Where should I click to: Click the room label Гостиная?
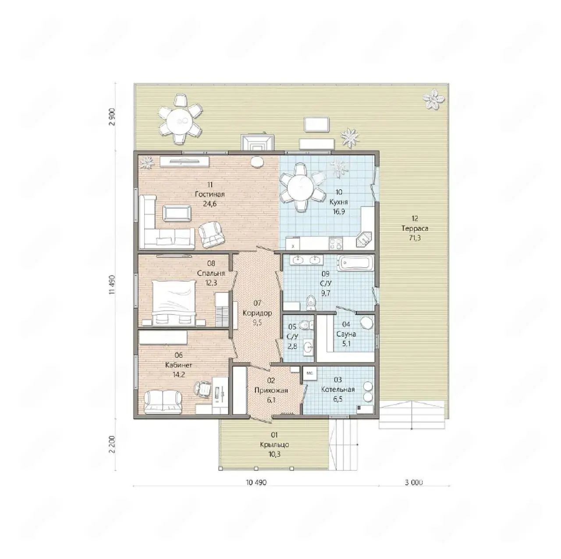[209, 195]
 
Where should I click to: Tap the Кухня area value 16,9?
[339, 212]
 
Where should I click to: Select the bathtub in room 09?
[355, 263]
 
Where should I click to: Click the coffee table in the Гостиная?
[177, 213]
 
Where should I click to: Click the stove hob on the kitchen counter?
[336, 244]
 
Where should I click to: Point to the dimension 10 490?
[256, 482]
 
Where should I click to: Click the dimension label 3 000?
[414, 482]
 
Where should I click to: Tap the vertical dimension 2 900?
[112, 117]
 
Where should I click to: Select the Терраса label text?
[415, 228]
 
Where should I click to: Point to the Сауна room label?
[346, 334]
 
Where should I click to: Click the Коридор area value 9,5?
[257, 322]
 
